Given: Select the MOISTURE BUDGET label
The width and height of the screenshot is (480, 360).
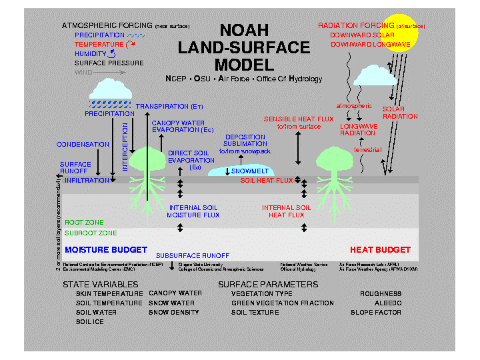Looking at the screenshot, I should point(106,250).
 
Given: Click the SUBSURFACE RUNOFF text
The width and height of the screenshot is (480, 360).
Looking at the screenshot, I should point(192,255).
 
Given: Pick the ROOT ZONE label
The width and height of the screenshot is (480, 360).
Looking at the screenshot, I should point(83,223).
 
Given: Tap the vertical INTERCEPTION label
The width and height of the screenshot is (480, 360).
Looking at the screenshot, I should point(125,151).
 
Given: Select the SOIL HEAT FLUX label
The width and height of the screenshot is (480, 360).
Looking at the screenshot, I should point(267,181).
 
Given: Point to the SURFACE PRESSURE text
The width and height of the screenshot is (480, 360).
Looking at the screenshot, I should point(109,63).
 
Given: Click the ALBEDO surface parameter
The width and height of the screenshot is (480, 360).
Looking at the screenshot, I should point(388,303).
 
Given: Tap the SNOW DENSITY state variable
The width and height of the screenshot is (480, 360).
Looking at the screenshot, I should point(175,312).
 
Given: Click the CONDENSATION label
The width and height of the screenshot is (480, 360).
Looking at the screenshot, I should point(83,144).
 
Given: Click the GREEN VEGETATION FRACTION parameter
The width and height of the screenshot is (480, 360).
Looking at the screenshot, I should point(283,303).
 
